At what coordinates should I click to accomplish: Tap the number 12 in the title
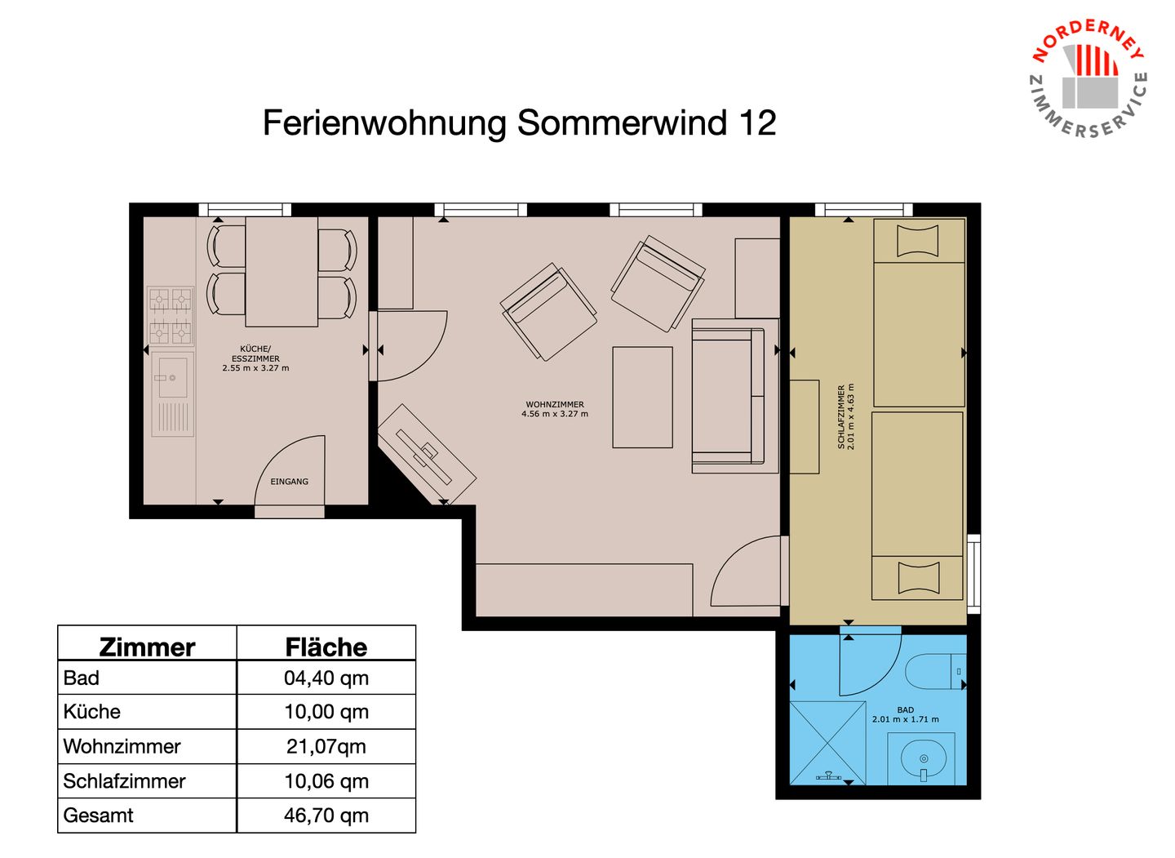pos(757,123)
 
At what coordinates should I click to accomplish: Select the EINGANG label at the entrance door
pos(289,481)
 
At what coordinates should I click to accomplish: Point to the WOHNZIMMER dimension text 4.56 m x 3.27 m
pos(555,414)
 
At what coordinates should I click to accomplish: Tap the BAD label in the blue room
pos(906,710)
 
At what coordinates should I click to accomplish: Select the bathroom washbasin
pos(923,759)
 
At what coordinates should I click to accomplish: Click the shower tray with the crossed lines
pos(827,743)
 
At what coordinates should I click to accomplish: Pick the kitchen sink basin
pos(170,377)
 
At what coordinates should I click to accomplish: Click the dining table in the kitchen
pos(282,272)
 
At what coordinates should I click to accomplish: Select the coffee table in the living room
pos(643,398)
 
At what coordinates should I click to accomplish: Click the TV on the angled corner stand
pos(423,456)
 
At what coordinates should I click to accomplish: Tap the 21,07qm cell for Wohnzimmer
pos(326,746)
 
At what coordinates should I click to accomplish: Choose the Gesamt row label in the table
pos(98,816)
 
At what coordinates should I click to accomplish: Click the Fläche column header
pos(326,647)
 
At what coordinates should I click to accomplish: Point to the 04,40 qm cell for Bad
pos(326,678)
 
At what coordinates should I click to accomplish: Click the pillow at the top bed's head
pos(917,241)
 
